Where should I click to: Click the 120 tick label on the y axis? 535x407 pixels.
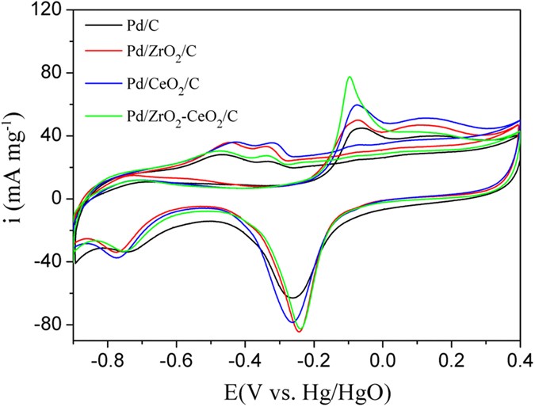(49, 10)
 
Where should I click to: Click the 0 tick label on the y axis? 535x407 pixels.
(57, 199)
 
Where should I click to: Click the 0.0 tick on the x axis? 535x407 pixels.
(383, 359)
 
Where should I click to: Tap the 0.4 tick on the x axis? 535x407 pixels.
(520, 359)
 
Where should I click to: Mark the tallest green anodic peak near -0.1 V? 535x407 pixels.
(349, 77)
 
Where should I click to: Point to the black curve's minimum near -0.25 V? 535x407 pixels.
(293, 298)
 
